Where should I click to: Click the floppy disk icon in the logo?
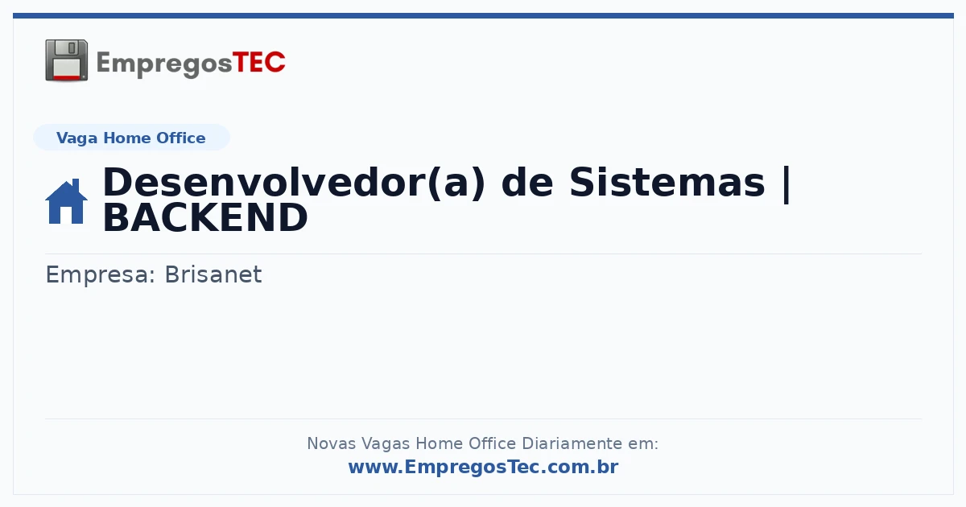click(x=66, y=60)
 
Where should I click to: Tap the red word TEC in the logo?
click(x=258, y=63)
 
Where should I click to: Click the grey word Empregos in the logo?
click(x=164, y=64)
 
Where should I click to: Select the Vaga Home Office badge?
click(x=131, y=138)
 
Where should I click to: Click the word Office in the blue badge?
click(x=180, y=138)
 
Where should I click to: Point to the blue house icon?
click(x=66, y=201)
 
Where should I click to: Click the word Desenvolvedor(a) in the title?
click(x=294, y=183)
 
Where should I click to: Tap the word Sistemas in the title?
click(x=667, y=183)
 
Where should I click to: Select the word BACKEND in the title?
click(x=205, y=218)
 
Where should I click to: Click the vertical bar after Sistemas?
click(x=786, y=184)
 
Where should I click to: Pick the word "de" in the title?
click(x=527, y=183)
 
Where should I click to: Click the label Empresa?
click(x=101, y=274)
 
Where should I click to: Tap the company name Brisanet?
click(x=213, y=274)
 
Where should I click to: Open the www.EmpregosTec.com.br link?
click(x=484, y=467)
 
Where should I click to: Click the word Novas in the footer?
click(x=331, y=443)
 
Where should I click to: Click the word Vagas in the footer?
click(x=385, y=444)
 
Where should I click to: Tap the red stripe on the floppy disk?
click(x=67, y=77)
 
